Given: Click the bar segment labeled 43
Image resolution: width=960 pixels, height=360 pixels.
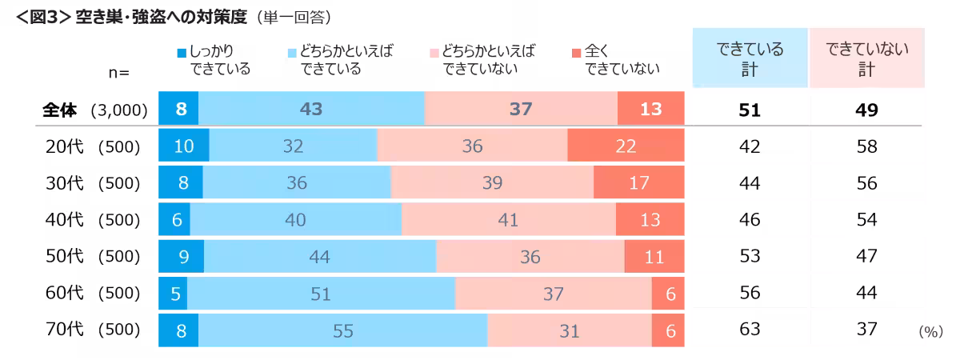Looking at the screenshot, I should (x=311, y=109).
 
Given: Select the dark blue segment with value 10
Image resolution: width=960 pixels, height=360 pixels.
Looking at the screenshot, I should (x=183, y=146).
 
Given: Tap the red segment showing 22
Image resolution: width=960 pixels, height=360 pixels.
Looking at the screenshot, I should (x=626, y=146).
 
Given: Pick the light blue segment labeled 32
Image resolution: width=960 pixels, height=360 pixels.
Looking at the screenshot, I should (x=293, y=146).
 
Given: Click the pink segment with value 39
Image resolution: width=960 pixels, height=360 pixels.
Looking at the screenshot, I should (x=492, y=182).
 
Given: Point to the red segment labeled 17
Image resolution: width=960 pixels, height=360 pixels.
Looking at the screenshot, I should (x=639, y=182).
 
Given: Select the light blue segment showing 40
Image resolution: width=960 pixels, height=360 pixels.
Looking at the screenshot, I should (x=295, y=219).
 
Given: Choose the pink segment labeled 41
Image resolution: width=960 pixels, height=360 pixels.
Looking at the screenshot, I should (x=509, y=219).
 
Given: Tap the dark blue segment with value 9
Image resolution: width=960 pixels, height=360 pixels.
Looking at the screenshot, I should (x=181, y=257).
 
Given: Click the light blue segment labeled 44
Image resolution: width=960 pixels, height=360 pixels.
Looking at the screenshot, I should (x=320, y=257).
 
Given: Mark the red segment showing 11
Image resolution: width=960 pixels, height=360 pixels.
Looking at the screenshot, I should (x=654, y=257).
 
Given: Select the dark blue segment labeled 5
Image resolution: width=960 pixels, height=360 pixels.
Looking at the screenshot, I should (x=173, y=294).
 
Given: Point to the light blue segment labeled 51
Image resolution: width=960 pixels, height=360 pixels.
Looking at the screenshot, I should (x=321, y=294).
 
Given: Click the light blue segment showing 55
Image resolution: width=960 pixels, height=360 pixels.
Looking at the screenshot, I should (x=342, y=330).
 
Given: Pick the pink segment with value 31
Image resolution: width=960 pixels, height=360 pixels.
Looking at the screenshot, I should (x=570, y=330).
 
